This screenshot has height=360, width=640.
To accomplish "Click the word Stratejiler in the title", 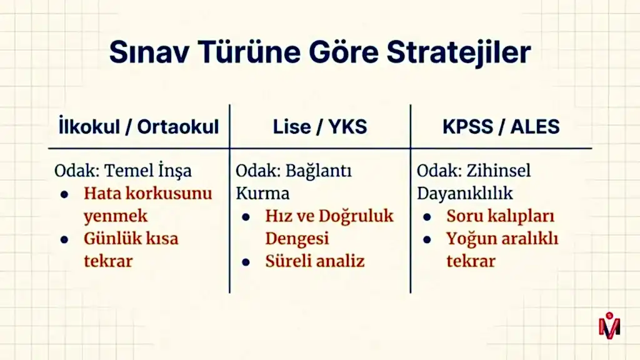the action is pos(459,52).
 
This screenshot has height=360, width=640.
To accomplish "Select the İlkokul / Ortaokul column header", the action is pos(139,126).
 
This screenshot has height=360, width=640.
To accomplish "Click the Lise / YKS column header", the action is pos(320,126).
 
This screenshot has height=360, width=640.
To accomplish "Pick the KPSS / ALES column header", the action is pos(501,126).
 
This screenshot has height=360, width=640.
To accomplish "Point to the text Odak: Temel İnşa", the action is pos(123,171).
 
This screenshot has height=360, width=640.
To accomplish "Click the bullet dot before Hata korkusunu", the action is pos(64,194).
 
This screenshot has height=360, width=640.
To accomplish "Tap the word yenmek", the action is pos(116,217).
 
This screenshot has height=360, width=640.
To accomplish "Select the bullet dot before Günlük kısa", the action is pos(64,239).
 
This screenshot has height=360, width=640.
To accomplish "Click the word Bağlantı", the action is pos(318,171).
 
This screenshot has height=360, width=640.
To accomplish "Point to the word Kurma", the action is pos(262,194).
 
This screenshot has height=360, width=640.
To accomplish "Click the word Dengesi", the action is pos(297,239).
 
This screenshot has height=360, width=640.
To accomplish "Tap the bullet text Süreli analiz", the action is pos(315,261).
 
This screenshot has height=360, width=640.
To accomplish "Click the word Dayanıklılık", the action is pos(464,194).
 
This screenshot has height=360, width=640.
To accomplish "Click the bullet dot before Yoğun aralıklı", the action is pos(427,239).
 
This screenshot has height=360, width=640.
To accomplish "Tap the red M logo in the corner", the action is pos(609,325).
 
